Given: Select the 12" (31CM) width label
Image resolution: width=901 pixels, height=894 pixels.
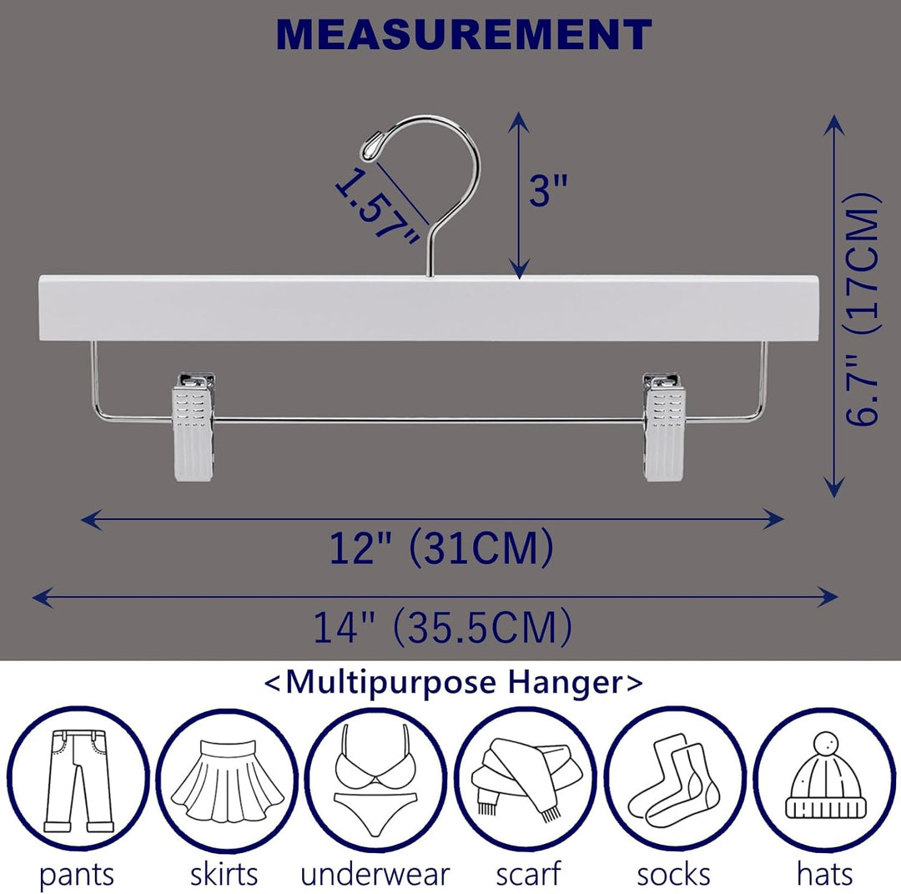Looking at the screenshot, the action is tap(440, 548).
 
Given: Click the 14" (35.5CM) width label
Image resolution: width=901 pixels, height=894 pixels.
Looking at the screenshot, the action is tap(442, 627).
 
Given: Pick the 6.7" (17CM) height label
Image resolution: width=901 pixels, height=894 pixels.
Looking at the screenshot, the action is tap(863, 310).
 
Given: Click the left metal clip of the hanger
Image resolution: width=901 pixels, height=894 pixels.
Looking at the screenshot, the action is tap(194, 426).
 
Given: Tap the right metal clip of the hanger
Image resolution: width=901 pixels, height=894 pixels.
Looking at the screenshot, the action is tap(664, 426).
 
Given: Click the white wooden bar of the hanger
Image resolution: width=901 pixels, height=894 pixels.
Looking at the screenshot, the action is tap(427, 308).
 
